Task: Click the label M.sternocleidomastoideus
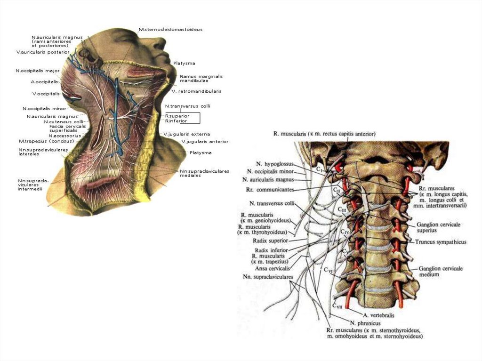click(x=170, y=29)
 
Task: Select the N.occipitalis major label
click(x=37, y=71)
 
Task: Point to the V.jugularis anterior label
click(x=205, y=141)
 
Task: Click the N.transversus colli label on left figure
click(x=187, y=106)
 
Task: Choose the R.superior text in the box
click(x=177, y=115)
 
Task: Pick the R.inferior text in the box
click(x=177, y=120)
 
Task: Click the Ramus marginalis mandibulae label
click(x=201, y=78)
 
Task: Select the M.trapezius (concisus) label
click(x=47, y=141)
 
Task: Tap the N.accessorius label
click(x=64, y=136)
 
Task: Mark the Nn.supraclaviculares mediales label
click(x=204, y=173)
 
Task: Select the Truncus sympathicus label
click(x=441, y=242)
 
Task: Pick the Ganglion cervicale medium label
click(x=440, y=271)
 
